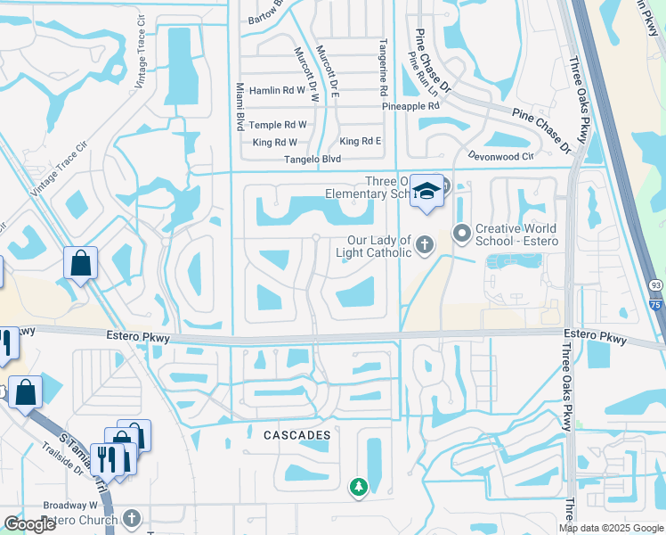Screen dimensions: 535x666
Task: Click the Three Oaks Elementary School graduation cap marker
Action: pyautogui.click(x=427, y=192)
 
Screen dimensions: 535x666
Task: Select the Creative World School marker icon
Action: pyautogui.click(x=461, y=235)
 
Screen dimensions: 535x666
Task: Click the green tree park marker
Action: pyautogui.click(x=358, y=487)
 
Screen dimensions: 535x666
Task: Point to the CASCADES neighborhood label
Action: pyautogui.click(x=297, y=435)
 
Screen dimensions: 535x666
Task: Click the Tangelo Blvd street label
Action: pyautogui.click(x=313, y=160)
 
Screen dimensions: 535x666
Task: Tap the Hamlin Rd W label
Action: pyautogui.click(x=278, y=91)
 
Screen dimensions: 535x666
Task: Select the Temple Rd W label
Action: pyautogui.click(x=278, y=126)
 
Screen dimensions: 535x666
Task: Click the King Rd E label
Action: pyautogui.click(x=361, y=142)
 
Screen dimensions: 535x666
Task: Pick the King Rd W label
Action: pyautogui.click(x=274, y=143)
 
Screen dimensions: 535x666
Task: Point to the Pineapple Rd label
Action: pyautogui.click(x=411, y=106)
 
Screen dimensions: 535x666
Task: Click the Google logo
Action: pyautogui.click(x=30, y=524)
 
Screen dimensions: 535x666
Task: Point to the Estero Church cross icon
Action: pyautogui.click(x=131, y=518)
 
